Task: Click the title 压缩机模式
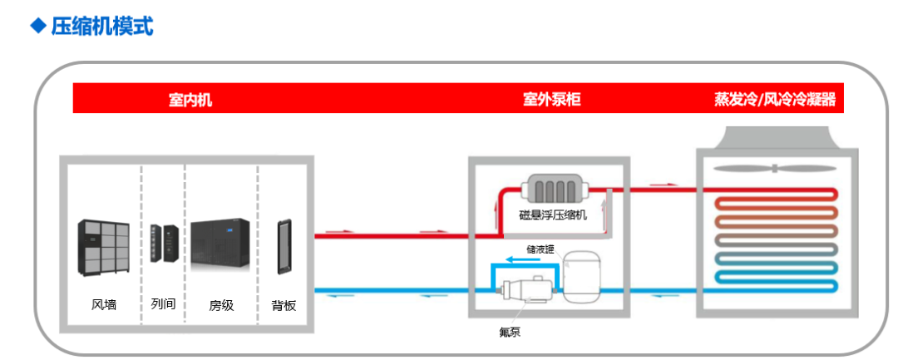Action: [x=102, y=25]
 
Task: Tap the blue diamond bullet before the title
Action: [x=37, y=25]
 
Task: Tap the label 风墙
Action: [x=104, y=304]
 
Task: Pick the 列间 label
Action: [x=163, y=304]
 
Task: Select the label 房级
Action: [x=221, y=305]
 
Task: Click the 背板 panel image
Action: [x=284, y=246]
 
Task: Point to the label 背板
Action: [x=284, y=305]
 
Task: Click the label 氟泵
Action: [x=511, y=332]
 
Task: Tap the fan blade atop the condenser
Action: [x=774, y=169]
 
